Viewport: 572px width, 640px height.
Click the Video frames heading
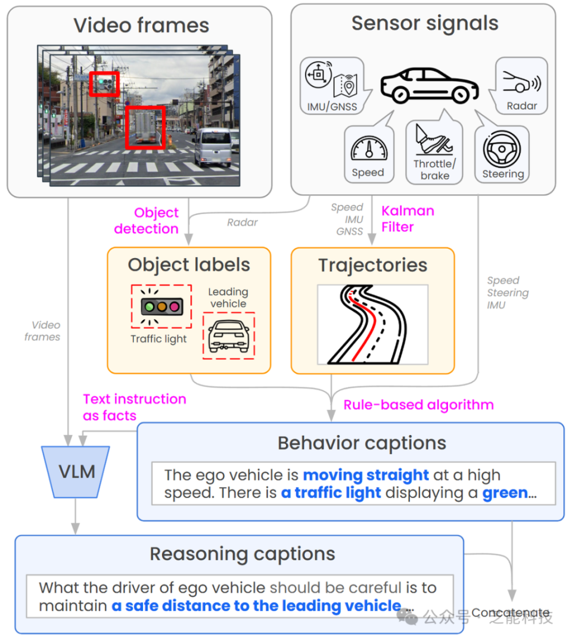[x=141, y=26]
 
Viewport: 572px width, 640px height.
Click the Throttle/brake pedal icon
[x=434, y=141]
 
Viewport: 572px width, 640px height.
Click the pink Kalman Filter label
[x=408, y=219]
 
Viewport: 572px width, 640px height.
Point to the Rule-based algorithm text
[x=418, y=405]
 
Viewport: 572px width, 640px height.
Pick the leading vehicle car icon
[x=228, y=335]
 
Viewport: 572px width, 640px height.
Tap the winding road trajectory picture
[x=372, y=324]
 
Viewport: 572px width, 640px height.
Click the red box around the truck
[x=145, y=128]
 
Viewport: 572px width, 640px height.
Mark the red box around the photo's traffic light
[x=104, y=84]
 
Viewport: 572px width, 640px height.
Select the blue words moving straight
[x=366, y=475]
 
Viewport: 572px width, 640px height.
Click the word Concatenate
[x=510, y=613]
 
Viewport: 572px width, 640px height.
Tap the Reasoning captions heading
[x=242, y=554]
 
